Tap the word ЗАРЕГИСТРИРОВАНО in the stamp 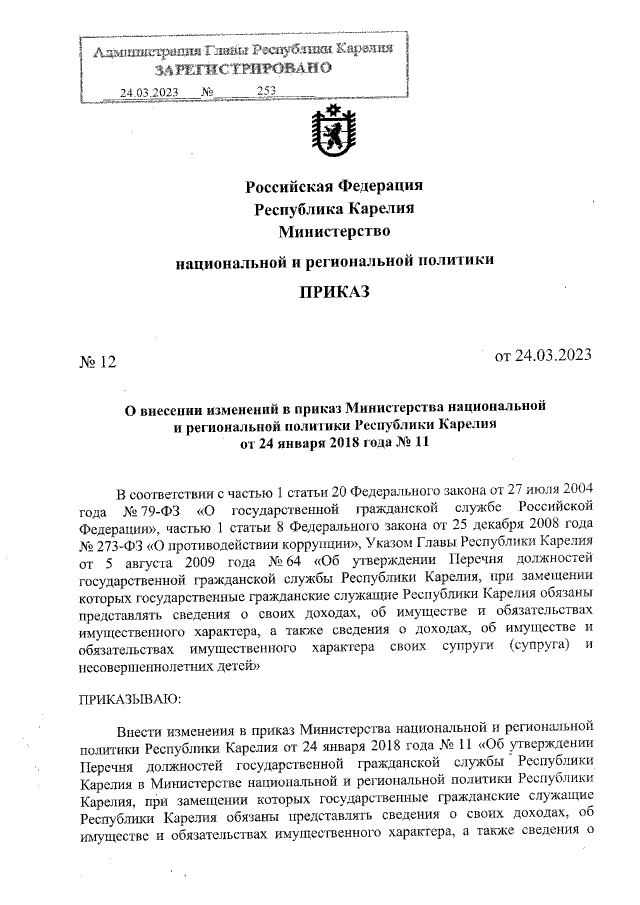pos(241,70)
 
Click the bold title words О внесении pos(166,409)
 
